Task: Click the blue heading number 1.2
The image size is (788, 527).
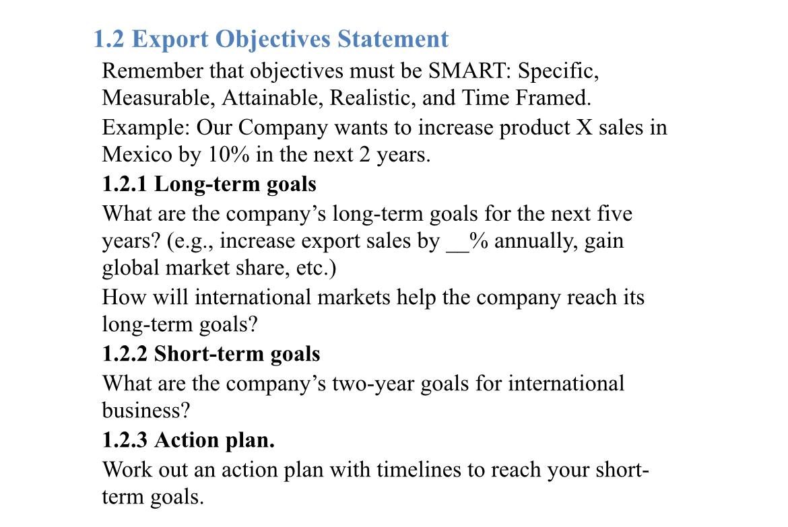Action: [108, 39]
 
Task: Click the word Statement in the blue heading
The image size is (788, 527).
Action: [393, 39]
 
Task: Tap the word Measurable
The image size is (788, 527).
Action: [158, 98]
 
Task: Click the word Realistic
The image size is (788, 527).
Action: [374, 98]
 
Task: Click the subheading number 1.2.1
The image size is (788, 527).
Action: [125, 184]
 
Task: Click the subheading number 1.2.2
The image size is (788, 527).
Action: [125, 354]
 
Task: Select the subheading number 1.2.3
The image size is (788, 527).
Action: [125, 440]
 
